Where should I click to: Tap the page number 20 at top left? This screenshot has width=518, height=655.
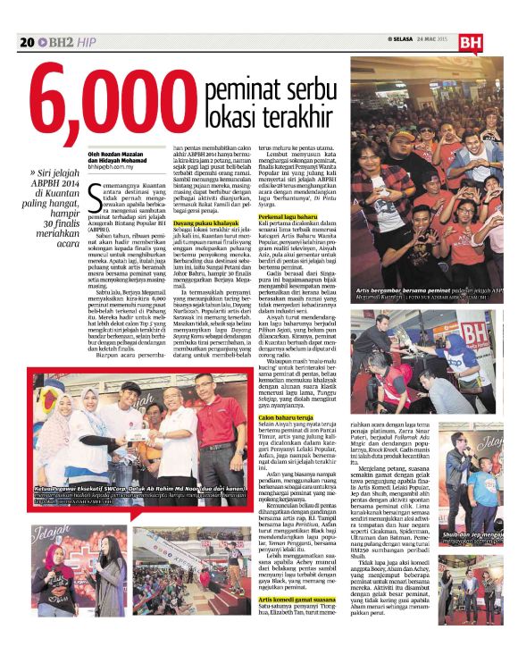click(26, 42)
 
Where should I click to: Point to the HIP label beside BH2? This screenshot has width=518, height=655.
click(86, 42)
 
